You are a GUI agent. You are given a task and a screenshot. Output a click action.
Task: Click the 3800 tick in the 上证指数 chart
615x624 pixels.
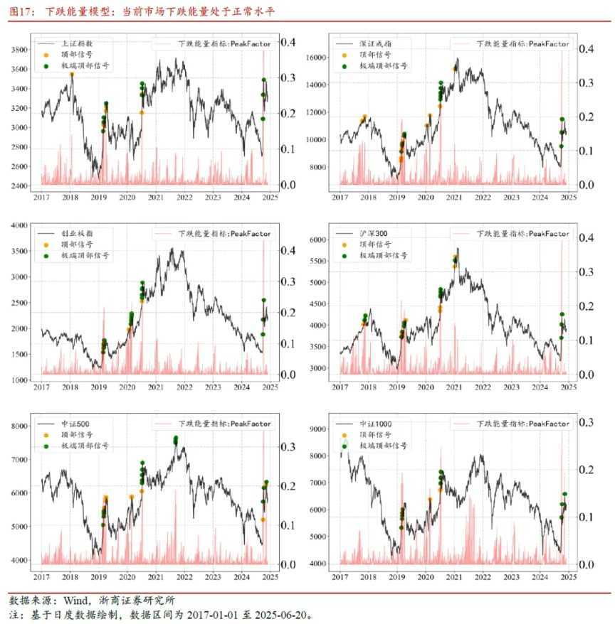tap(19, 49)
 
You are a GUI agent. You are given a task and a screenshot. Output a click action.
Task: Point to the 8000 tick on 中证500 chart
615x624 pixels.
tap(19, 425)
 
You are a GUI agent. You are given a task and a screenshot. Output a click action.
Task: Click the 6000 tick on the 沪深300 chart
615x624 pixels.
tap(317, 240)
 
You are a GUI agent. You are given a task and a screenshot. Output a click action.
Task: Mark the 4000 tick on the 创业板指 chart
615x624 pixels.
tap(19, 225)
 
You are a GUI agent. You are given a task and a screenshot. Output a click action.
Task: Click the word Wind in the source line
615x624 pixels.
tap(75, 600)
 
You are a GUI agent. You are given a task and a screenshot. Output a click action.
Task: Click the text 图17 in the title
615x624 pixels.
tap(19, 11)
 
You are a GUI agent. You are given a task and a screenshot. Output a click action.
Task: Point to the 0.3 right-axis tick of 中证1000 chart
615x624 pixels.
tap(585, 422)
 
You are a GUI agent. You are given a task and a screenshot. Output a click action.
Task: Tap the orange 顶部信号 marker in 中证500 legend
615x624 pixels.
tap(46, 435)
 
